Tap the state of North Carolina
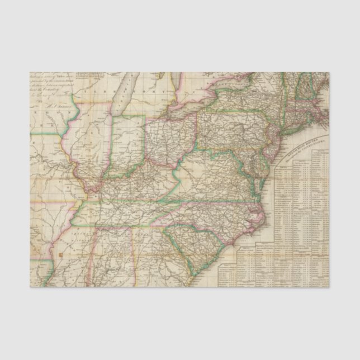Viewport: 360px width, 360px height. pos(218,215)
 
